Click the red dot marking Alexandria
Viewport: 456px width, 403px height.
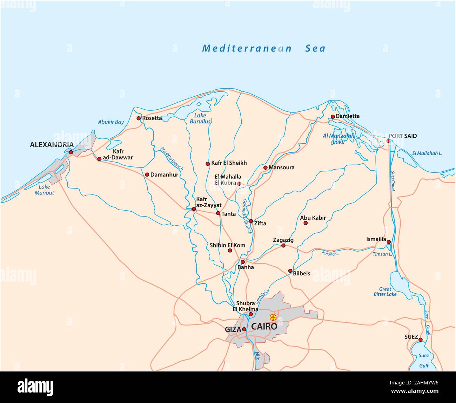(71, 152)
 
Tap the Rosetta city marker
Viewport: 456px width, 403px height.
(139, 118)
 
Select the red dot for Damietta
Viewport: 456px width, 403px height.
(333, 116)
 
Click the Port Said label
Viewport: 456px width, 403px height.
(403, 136)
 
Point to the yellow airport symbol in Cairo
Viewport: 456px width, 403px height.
(273, 317)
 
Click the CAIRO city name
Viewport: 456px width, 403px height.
(264, 327)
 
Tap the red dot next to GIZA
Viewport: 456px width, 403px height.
(244, 329)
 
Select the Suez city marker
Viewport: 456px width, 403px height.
(421, 340)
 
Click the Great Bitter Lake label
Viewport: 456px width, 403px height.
(385, 292)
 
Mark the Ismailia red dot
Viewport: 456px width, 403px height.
(389, 242)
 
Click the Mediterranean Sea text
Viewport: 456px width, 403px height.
(264, 48)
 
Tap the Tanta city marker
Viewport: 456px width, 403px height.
(218, 213)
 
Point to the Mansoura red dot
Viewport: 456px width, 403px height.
(265, 168)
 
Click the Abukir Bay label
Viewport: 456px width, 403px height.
(111, 122)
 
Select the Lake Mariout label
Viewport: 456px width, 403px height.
(45, 190)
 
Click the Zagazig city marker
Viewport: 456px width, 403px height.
(283, 246)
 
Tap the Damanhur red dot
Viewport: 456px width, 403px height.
(147, 175)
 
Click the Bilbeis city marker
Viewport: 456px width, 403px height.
(290, 271)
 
